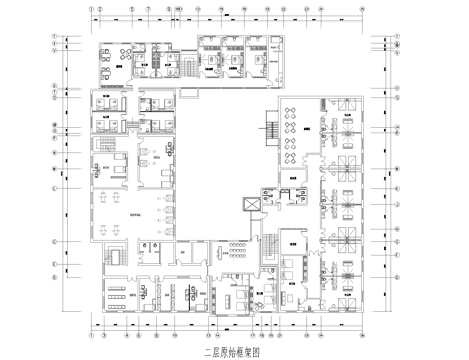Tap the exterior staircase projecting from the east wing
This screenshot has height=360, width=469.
pos(269,130)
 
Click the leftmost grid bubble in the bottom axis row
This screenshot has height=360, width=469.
pos(91,336)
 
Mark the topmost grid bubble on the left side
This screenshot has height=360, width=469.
pos(55,37)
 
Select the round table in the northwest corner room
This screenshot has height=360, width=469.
pos(107,57)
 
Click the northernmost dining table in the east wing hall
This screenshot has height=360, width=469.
pos(290,113)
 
